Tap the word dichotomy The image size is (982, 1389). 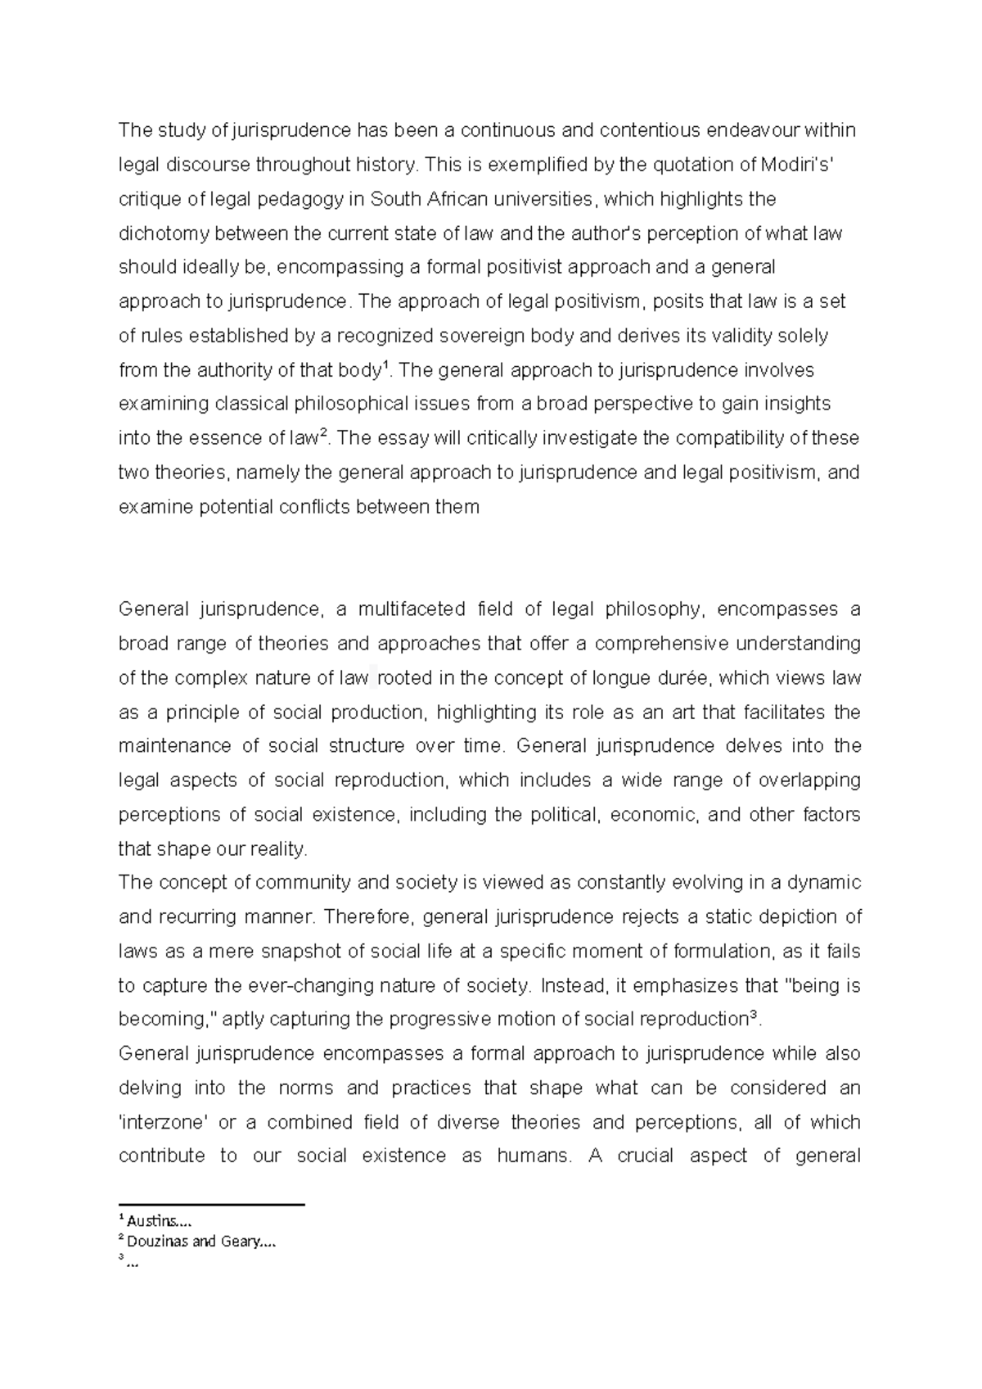point(159,233)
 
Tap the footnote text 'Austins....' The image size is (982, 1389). point(160,1222)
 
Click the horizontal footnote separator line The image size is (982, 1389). point(211,1205)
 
